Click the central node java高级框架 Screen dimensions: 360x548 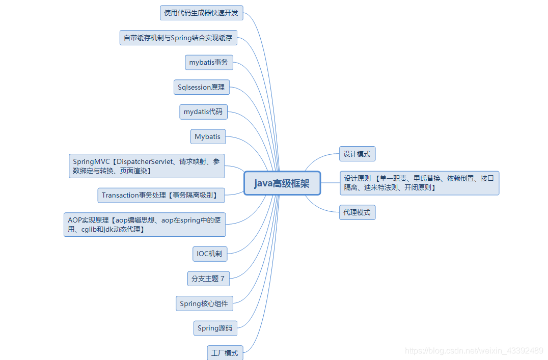pyautogui.click(x=282, y=183)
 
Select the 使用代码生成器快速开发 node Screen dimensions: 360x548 pyautogui.click(x=201, y=13)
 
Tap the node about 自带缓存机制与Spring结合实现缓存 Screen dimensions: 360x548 pyautogui.click(x=178, y=38)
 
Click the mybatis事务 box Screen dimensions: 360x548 pyautogui.click(x=209, y=63)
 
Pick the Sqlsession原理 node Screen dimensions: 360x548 pyautogui.click(x=201, y=87)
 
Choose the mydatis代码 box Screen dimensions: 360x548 pyautogui.click(x=203, y=112)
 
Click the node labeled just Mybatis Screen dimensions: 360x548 pyautogui.click(x=208, y=136)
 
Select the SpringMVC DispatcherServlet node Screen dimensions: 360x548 pyautogui.click(x=147, y=166)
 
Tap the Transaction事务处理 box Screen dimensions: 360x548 pyautogui.click(x=160, y=195)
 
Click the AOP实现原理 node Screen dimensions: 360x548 pyautogui.click(x=145, y=225)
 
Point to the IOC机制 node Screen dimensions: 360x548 pyautogui.click(x=209, y=253)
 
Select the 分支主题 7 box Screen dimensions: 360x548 pyautogui.click(x=208, y=279)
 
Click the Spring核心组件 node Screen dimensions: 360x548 pyautogui.click(x=204, y=303)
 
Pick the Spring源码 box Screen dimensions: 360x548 pyautogui.click(x=215, y=328)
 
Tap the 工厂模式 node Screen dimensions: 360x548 pyautogui.click(x=225, y=352)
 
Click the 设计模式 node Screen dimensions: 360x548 pyautogui.click(x=358, y=154)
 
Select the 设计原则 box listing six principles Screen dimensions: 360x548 pyautogui.click(x=419, y=183)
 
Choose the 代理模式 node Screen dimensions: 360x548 pyautogui.click(x=357, y=212)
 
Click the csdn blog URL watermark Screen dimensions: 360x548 pyautogui.click(x=474, y=350)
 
